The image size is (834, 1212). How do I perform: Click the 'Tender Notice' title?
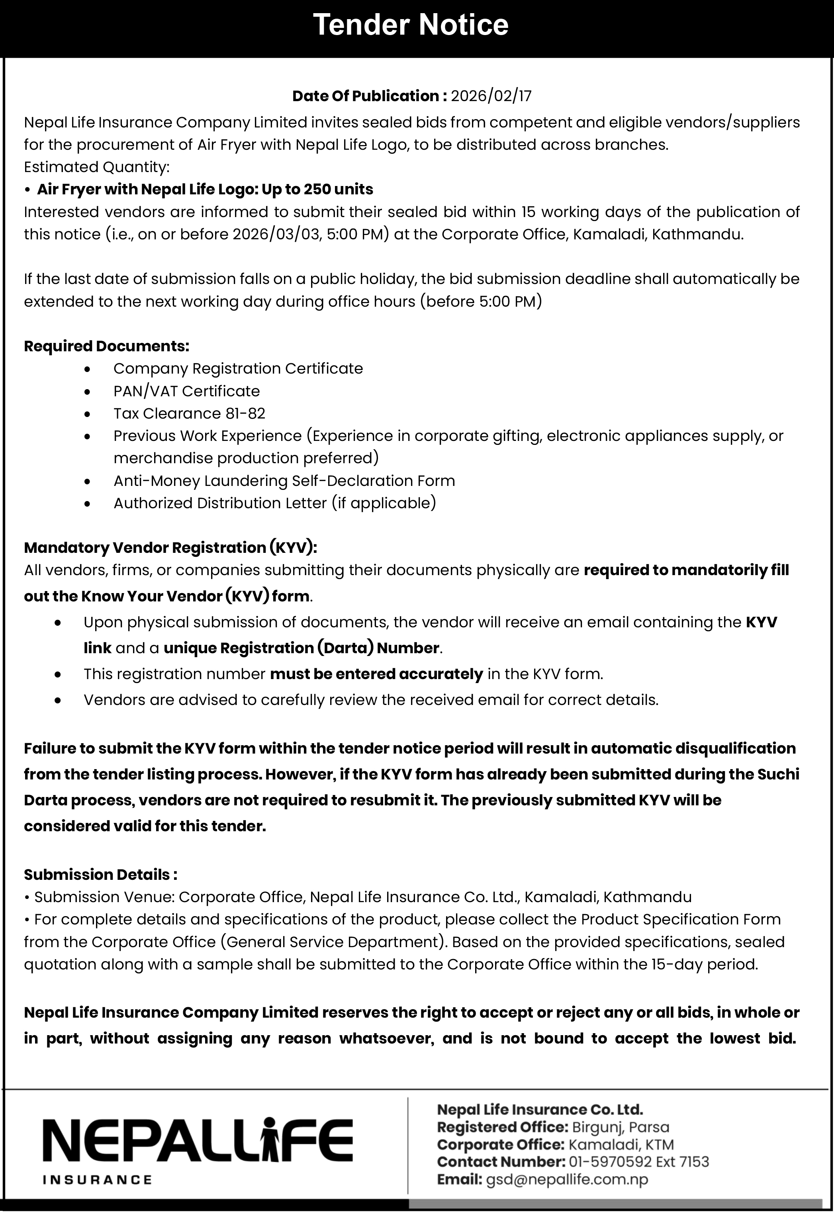coord(411,25)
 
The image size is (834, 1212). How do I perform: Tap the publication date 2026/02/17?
coord(491,96)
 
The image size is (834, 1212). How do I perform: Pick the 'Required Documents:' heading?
coord(107,346)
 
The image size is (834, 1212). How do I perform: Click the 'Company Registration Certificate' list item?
coord(238,368)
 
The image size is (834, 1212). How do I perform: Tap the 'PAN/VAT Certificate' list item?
coord(186,391)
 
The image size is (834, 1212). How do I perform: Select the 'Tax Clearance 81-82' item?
coord(189,413)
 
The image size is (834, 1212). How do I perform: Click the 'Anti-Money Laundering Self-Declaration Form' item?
coord(284,481)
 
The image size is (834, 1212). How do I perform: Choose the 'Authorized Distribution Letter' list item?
coord(274,503)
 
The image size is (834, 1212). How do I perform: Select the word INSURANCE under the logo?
coord(97,1180)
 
